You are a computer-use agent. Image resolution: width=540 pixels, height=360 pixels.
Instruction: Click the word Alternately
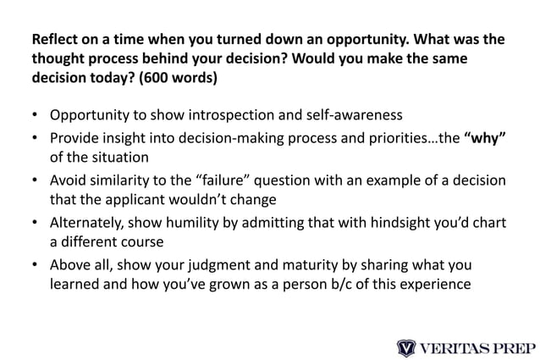[88, 222]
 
